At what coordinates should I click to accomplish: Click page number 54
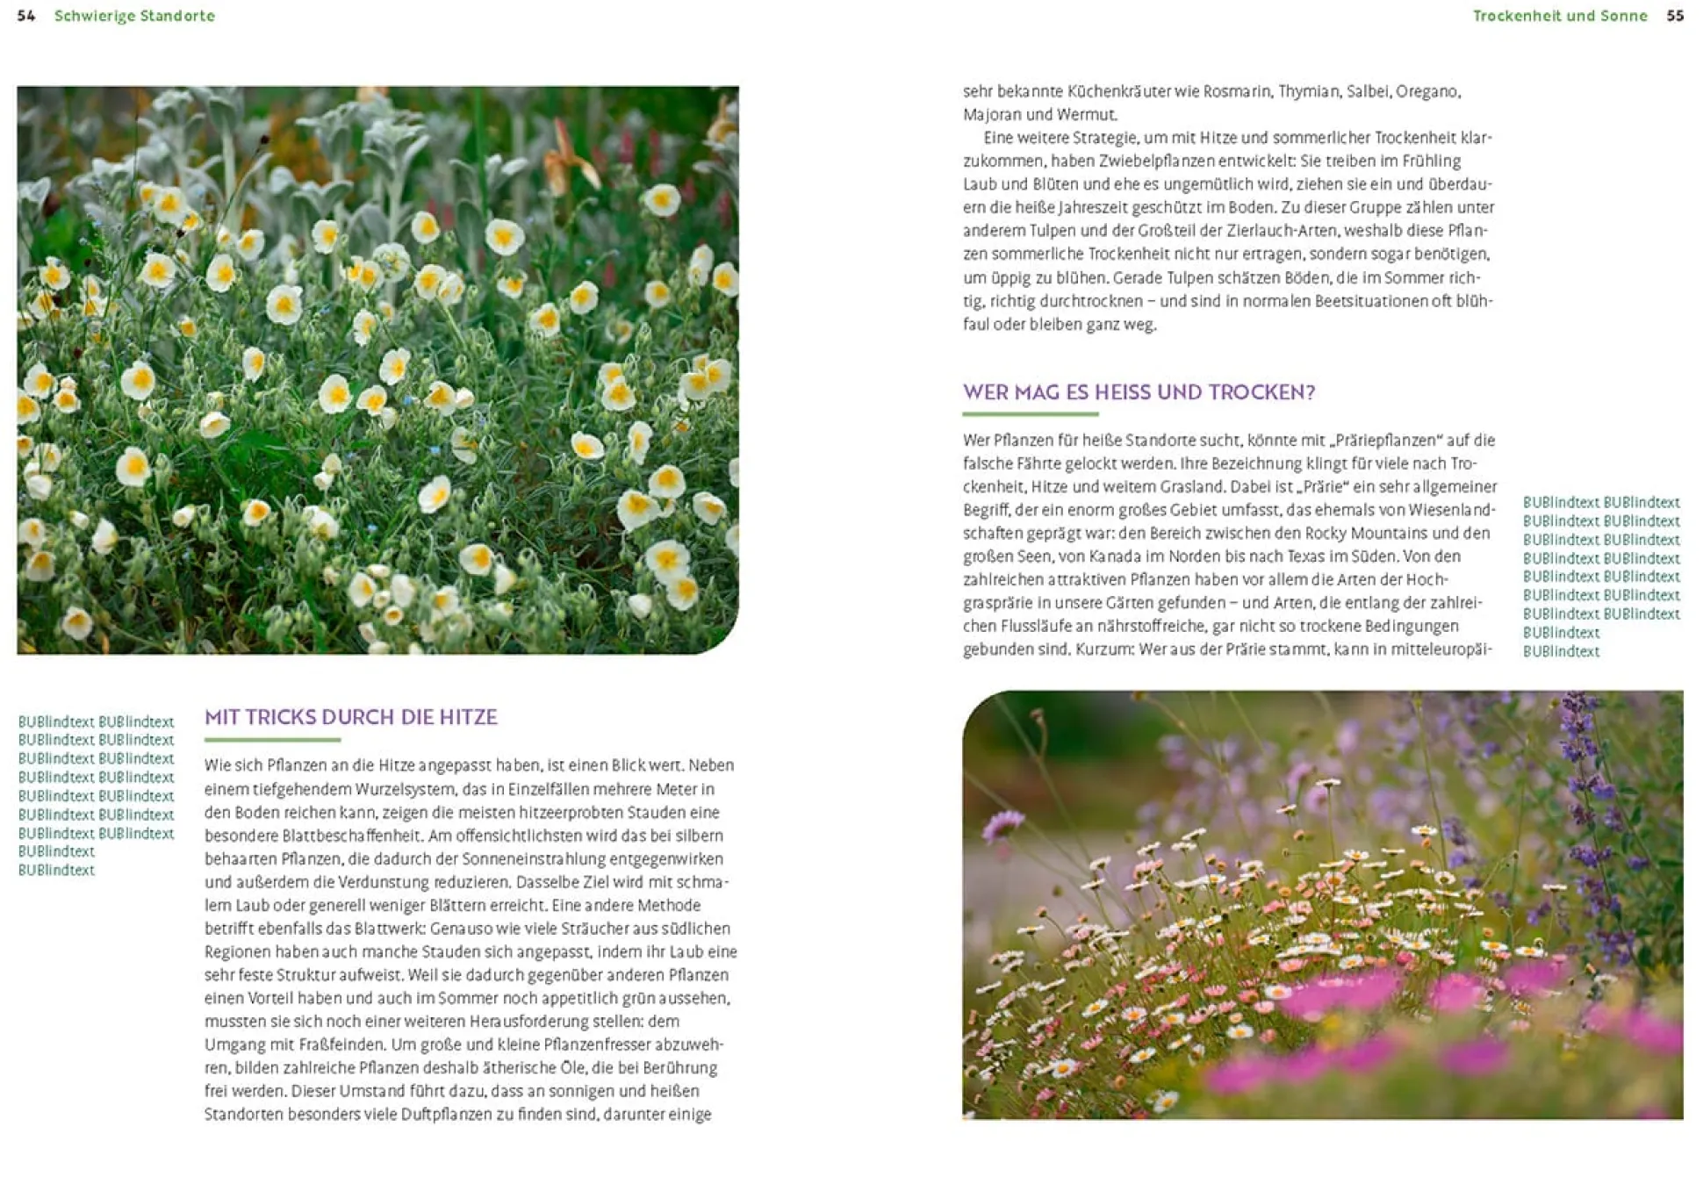click(x=25, y=16)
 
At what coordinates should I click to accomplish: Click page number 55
click(x=1675, y=16)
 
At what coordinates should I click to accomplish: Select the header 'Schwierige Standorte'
click(x=134, y=16)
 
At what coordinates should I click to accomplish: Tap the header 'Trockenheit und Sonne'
click(x=1560, y=16)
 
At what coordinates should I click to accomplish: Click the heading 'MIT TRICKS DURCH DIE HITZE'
click(x=351, y=717)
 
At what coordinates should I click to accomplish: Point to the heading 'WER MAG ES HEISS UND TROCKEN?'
click(x=1139, y=392)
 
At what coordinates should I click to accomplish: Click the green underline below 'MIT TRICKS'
click(x=272, y=740)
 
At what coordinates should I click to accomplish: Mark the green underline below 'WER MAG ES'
click(x=1030, y=413)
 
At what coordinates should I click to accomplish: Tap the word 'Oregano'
click(x=1427, y=91)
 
